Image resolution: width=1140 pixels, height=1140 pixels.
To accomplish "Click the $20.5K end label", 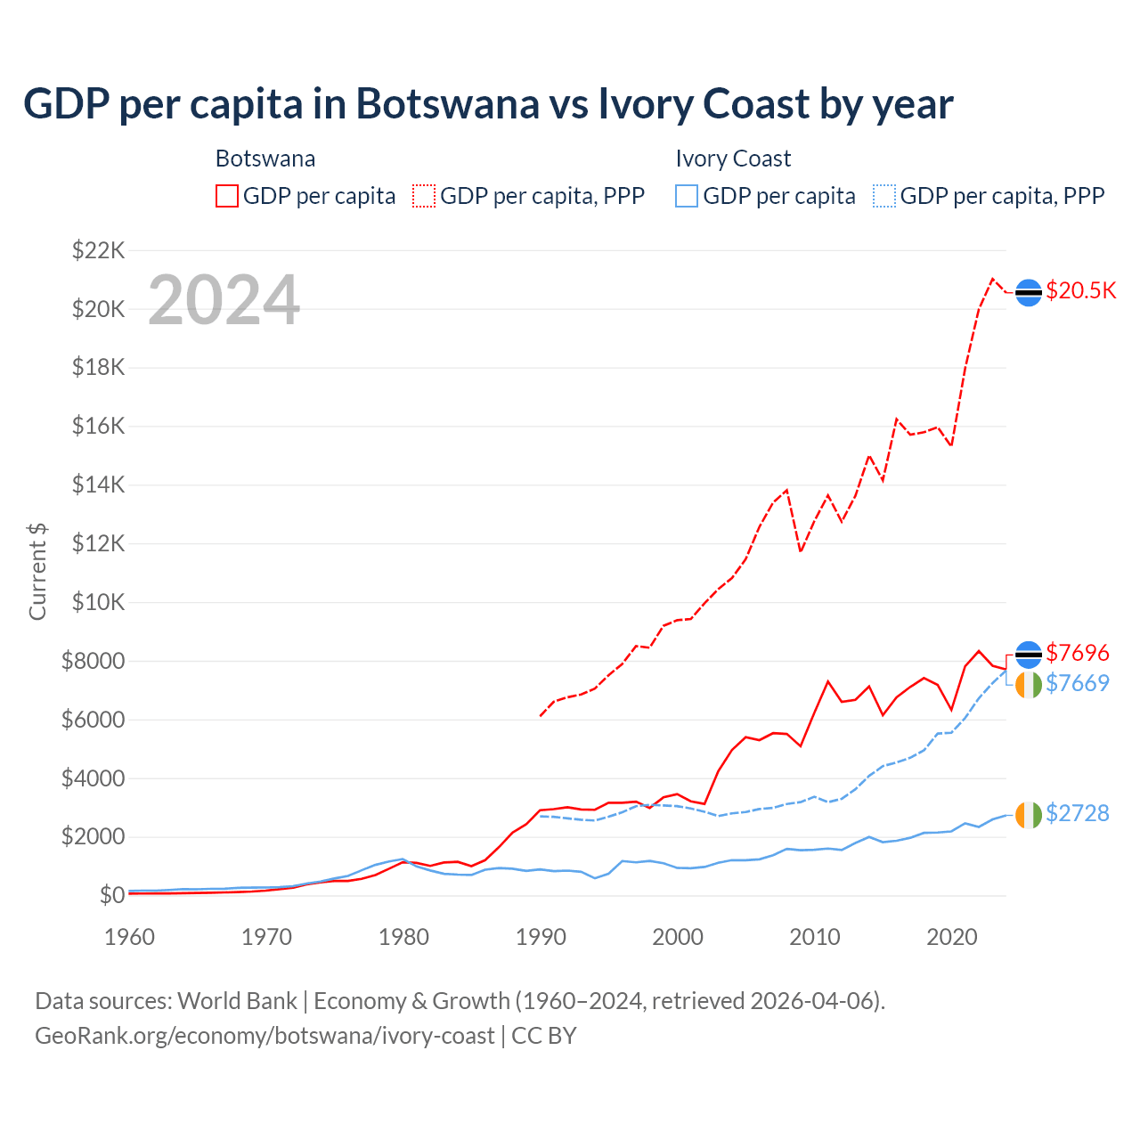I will pyautogui.click(x=1080, y=291).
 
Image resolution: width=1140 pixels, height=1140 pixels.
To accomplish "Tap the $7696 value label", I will pyautogui.click(x=1078, y=653).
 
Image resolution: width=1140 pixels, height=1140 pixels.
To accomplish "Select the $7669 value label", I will pyautogui.click(x=1078, y=683).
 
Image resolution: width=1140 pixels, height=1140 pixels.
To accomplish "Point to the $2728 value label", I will pyautogui.click(x=1078, y=813).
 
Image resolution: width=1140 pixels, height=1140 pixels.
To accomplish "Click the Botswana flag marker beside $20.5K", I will pyautogui.click(x=1029, y=292).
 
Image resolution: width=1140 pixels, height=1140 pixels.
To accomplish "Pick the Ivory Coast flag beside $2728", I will pyautogui.click(x=1029, y=814).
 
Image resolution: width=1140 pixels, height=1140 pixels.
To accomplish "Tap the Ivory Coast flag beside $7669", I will pyautogui.click(x=1029, y=685).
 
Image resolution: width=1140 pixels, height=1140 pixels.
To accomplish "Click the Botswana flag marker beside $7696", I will pyautogui.click(x=1029, y=654).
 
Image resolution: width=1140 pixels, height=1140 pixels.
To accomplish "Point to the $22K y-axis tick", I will pyautogui.click(x=98, y=250).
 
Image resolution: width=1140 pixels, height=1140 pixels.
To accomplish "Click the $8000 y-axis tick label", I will pyautogui.click(x=93, y=661).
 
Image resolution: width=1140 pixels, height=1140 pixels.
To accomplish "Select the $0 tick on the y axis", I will pyautogui.click(x=111, y=895).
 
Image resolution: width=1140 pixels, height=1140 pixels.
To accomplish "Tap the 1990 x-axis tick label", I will pyautogui.click(x=541, y=937).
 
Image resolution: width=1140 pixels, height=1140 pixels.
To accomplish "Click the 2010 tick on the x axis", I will pyautogui.click(x=815, y=937).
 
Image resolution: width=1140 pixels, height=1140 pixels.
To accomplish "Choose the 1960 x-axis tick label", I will pyautogui.click(x=130, y=937).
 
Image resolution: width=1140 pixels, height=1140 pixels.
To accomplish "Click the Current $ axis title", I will pyautogui.click(x=37, y=571).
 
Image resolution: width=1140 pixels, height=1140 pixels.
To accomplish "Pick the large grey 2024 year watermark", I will pyautogui.click(x=224, y=300).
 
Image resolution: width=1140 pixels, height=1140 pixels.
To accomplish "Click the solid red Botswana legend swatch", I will pyautogui.click(x=227, y=196).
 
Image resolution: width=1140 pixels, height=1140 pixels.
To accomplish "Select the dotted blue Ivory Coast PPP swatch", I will pyautogui.click(x=884, y=196).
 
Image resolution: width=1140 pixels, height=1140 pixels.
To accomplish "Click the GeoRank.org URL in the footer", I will pyautogui.click(x=265, y=1036).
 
